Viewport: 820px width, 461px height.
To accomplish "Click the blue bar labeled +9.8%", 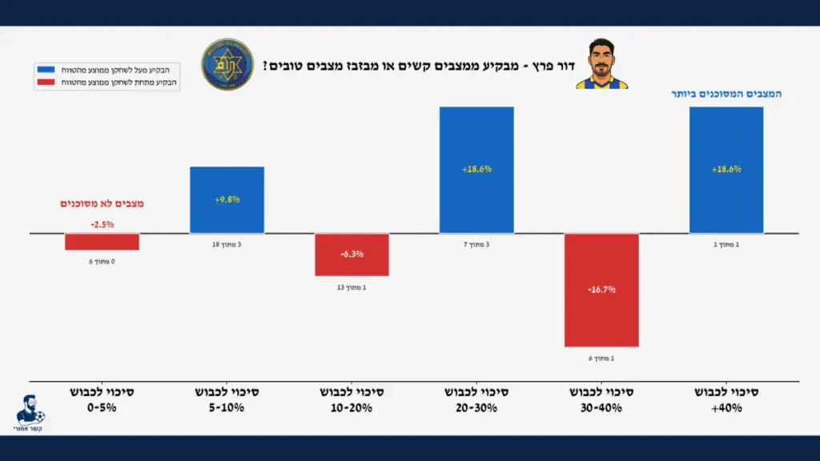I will click(x=227, y=199).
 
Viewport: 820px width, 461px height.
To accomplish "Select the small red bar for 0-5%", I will click(x=102, y=242).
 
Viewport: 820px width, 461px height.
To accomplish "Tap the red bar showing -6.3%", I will click(x=352, y=255).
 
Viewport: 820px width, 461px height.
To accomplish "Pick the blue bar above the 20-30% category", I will click(x=476, y=170).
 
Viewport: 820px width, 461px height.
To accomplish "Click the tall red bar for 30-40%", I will click(x=601, y=290).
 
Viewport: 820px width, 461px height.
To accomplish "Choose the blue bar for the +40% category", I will click(x=726, y=170).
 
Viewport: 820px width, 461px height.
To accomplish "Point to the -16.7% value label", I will click(x=601, y=290).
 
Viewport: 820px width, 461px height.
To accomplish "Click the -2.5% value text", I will click(x=102, y=224).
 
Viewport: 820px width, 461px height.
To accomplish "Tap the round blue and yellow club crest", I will click(x=227, y=64).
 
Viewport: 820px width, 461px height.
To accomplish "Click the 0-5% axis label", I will click(x=102, y=400).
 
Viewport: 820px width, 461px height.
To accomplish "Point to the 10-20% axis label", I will click(x=352, y=400).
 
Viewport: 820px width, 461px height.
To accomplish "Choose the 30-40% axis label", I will click(x=601, y=400).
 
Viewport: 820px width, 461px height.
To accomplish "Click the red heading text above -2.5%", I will click(x=102, y=204).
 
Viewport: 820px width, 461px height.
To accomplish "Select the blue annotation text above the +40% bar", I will click(x=726, y=94).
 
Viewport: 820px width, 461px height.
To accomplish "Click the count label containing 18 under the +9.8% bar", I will click(x=227, y=244).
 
